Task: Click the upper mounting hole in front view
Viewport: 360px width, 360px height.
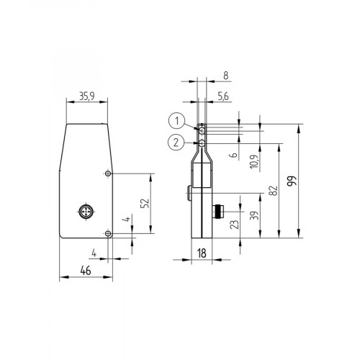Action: [x=107, y=174]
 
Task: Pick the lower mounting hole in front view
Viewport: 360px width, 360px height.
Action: [x=107, y=233]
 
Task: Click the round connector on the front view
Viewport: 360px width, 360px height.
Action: [x=84, y=212]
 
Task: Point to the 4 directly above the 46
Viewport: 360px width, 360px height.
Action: [x=94, y=252]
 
